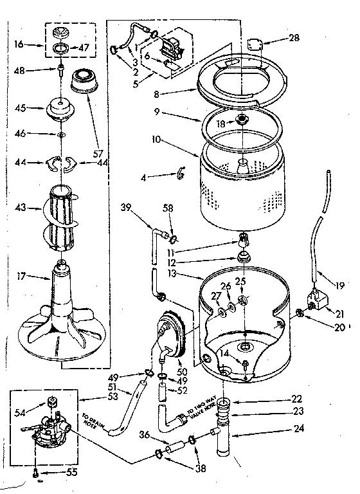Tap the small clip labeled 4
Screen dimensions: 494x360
181,172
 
